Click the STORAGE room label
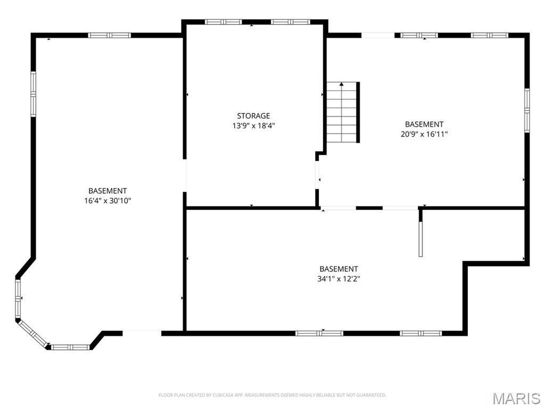[x=253, y=116]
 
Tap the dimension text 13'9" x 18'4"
[x=253, y=126]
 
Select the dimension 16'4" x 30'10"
[x=108, y=201]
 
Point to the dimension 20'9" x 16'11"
[x=424, y=134]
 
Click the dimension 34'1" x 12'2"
[x=338, y=279]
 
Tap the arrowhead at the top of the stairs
[x=341, y=84]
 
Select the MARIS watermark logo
[x=516, y=398]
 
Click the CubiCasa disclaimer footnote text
[x=272, y=395]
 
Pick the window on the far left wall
[x=33, y=94]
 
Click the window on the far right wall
[x=527, y=109]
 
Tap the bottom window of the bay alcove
[x=70, y=347]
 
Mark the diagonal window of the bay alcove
[x=32, y=332]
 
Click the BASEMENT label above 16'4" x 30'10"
[x=108, y=191]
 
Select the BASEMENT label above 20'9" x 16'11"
[x=424, y=124]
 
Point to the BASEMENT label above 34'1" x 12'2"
[x=338, y=269]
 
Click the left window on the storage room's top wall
[x=224, y=22]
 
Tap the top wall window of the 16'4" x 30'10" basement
[x=109, y=35]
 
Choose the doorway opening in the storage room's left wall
[x=185, y=175]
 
